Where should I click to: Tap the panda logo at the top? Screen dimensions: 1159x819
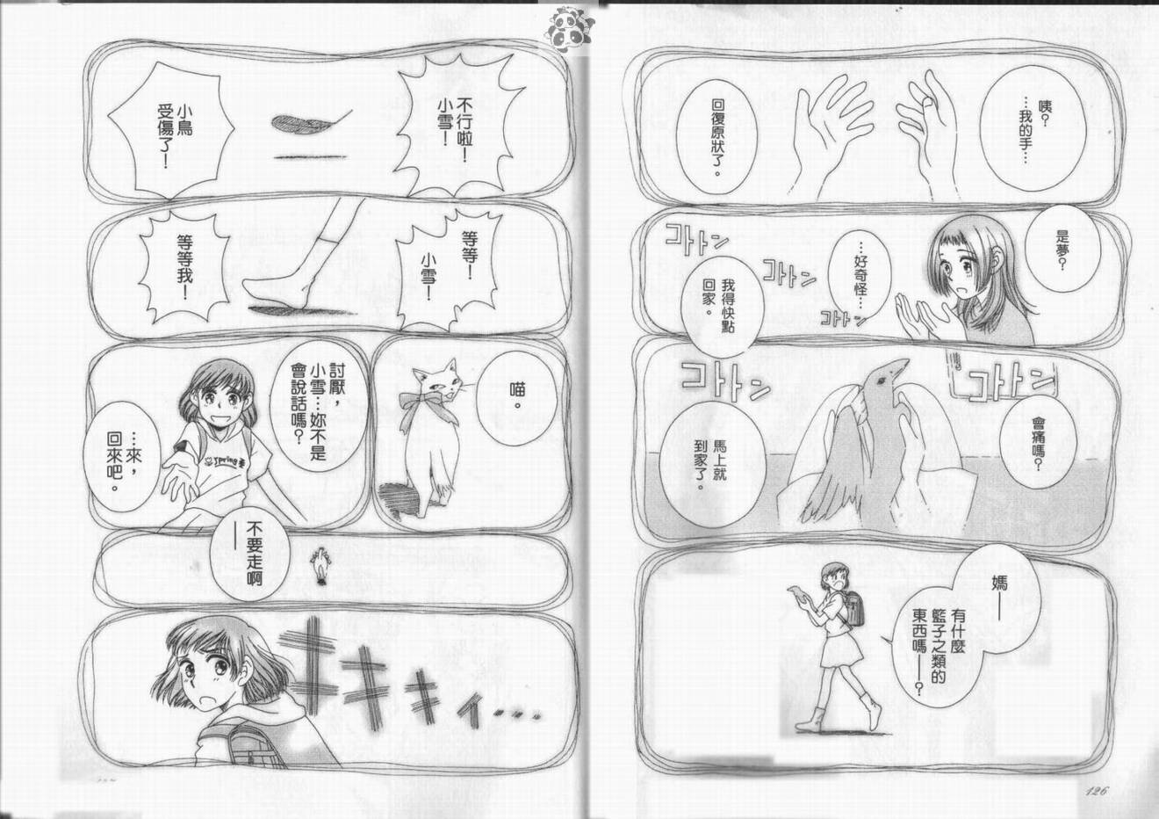(570, 27)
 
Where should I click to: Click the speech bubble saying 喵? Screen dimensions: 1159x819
(516, 399)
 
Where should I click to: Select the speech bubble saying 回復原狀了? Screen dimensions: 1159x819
(716, 137)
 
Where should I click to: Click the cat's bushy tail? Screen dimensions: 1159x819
(400, 499)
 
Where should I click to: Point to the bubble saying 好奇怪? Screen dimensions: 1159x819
(860, 274)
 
